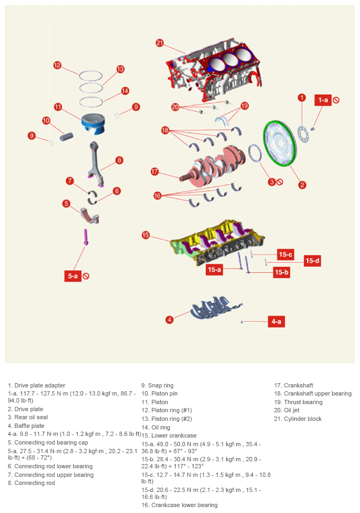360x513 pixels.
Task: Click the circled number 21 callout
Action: pos(160,43)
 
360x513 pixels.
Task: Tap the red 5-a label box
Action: pos(73,276)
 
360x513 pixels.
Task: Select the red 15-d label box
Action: pos(312,261)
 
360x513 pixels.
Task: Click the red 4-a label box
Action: pos(276,321)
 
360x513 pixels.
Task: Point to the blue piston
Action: pos(93,124)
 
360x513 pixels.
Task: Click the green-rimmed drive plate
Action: pos(280,143)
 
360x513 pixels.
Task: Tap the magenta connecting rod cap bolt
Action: pos(86,237)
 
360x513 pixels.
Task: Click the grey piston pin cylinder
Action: pos(66,137)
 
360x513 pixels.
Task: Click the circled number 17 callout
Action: pos(155,171)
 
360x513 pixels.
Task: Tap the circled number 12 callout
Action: pos(57,65)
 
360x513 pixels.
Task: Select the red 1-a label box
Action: pos(323,100)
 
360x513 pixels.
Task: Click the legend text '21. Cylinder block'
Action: pos(298,419)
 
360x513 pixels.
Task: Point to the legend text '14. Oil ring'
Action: pos(156,427)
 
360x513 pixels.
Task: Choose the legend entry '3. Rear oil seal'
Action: pos(28,417)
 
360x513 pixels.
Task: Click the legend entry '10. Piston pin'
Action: pos(160,393)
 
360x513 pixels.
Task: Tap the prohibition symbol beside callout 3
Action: pos(280,182)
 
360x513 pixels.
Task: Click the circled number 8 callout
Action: pos(119,160)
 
